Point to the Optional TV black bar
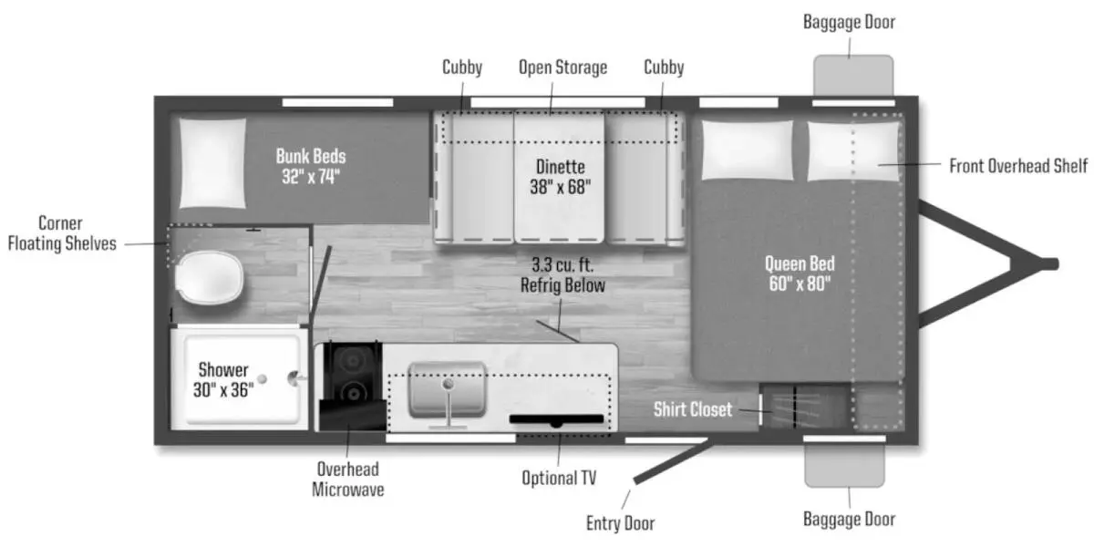pyautogui.click(x=556, y=419)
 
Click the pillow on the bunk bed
pyautogui.click(x=212, y=162)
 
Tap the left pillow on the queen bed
pyautogui.click(x=747, y=149)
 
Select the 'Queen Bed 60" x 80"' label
pyautogui.click(x=800, y=273)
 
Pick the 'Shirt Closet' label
pyautogui.click(x=693, y=409)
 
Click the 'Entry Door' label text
pyautogui.click(x=621, y=523)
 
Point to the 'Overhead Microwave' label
pyautogui.click(x=346, y=480)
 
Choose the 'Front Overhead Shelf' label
pyautogui.click(x=1018, y=166)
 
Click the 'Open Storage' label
pyautogui.click(x=562, y=67)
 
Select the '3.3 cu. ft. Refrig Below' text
pyautogui.click(x=562, y=274)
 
